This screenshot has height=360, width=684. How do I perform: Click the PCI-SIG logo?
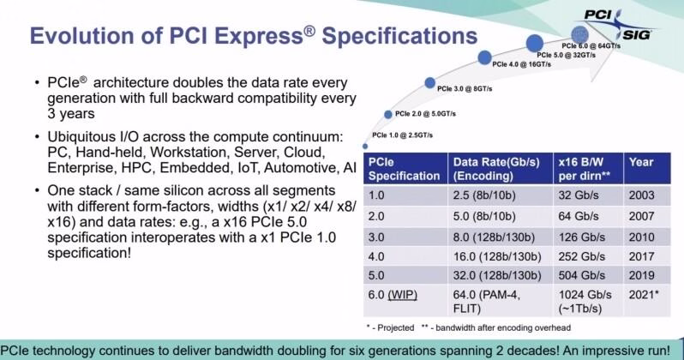(x=620, y=25)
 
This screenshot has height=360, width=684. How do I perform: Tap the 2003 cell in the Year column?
(x=641, y=195)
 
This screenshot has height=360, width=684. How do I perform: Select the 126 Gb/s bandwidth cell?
(x=581, y=237)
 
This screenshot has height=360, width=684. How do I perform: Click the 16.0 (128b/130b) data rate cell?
(x=497, y=256)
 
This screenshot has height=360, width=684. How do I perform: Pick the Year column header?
(x=641, y=162)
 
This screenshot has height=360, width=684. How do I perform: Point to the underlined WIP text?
(x=403, y=295)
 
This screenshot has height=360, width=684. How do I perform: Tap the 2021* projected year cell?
(x=644, y=295)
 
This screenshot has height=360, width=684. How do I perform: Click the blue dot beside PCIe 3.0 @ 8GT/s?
(x=429, y=82)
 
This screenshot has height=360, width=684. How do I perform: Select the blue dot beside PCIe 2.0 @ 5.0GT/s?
(x=388, y=114)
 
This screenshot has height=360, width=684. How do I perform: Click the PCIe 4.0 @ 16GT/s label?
(x=521, y=64)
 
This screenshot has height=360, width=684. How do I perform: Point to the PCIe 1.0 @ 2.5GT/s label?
(x=402, y=135)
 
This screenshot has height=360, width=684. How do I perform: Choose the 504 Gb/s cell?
(x=581, y=275)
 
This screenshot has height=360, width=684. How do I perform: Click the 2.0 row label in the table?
(x=376, y=217)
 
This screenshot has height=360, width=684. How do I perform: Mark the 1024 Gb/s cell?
(x=585, y=295)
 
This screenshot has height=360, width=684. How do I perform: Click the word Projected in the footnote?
(x=396, y=327)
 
